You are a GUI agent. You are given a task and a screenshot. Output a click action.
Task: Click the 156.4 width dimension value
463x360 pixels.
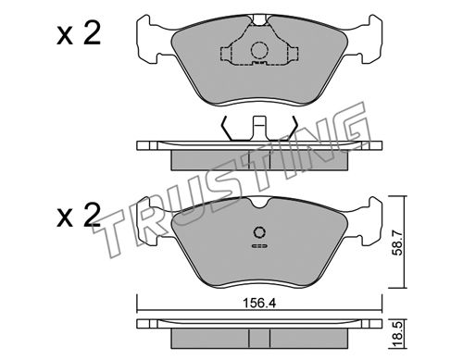[x=259, y=304]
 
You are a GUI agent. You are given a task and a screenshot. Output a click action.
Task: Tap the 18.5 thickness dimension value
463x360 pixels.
[x=398, y=334]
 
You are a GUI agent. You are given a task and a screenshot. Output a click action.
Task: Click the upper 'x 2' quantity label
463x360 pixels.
[x=79, y=34]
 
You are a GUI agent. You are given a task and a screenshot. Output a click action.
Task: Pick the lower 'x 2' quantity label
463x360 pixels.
[x=79, y=215]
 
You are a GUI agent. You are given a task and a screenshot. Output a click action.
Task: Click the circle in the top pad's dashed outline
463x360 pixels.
[x=259, y=50]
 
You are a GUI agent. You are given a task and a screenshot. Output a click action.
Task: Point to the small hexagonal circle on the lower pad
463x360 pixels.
[x=259, y=232]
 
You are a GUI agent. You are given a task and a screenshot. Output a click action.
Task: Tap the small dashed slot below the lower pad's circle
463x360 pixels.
[x=259, y=246]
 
